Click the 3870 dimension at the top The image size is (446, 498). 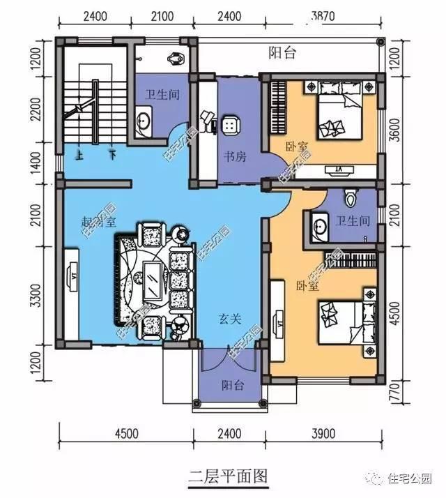[324, 15]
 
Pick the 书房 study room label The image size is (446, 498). [234, 157]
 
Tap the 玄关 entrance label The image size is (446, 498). [230, 319]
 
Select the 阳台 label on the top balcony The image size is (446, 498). [282, 52]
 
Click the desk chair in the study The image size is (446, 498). [230, 125]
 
